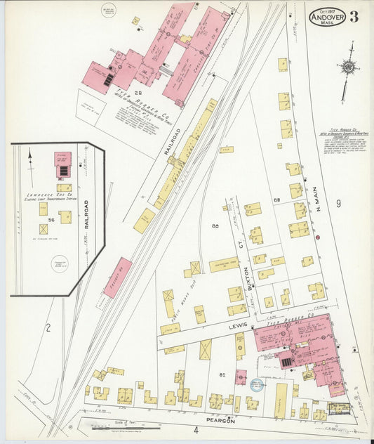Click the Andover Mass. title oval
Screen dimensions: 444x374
(326, 17)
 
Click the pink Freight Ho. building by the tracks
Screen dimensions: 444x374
(118, 277)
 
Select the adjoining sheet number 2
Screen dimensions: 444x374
(48, 327)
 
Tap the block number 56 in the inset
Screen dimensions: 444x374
(51, 221)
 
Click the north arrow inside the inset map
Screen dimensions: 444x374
(30, 157)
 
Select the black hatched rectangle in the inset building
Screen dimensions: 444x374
(63, 169)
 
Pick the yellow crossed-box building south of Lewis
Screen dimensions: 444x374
(206, 349)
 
